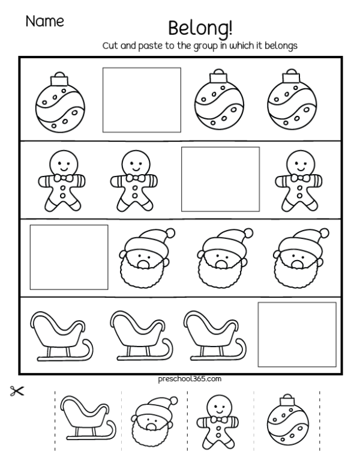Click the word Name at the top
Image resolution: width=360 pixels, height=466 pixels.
[44, 22]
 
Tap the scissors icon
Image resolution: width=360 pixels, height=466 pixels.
[16, 392]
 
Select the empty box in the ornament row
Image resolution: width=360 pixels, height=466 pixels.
[142, 100]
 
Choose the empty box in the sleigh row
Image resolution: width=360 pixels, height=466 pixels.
[297, 334]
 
